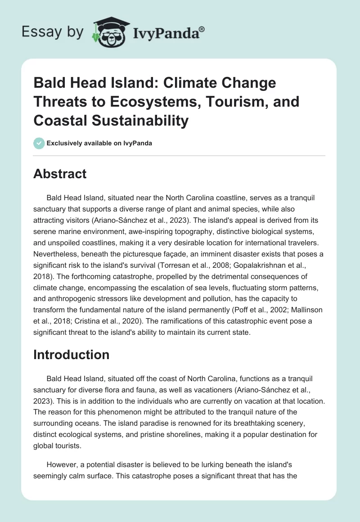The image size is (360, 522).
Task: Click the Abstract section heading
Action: click(x=59, y=174)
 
